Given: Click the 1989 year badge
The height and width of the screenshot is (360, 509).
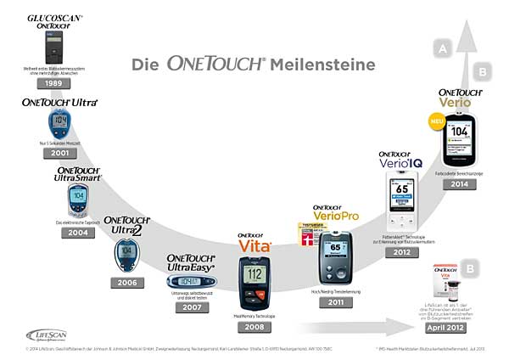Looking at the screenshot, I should point(53,83).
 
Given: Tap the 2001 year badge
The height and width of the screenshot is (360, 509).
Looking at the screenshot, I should point(59,155).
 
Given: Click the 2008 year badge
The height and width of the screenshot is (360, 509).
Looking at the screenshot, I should point(253,325).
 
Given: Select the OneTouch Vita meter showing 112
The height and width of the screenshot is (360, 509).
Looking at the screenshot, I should point(253,282).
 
